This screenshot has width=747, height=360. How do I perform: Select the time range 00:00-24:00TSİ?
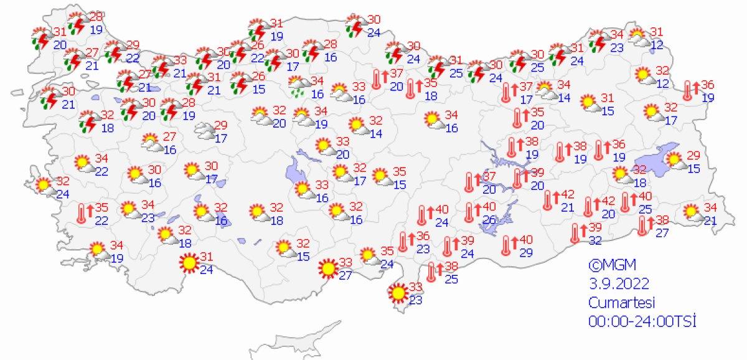tap(642, 321)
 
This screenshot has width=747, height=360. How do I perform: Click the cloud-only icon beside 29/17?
tap(204, 130)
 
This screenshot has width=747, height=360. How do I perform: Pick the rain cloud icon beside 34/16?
tap(300, 87)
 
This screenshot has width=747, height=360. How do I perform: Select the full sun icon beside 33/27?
tap(327, 269)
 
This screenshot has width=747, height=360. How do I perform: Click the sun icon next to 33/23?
tap(396, 291)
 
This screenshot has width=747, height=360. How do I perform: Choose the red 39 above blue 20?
tap(537, 172)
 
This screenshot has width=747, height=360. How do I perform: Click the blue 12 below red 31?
tap(658, 45)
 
